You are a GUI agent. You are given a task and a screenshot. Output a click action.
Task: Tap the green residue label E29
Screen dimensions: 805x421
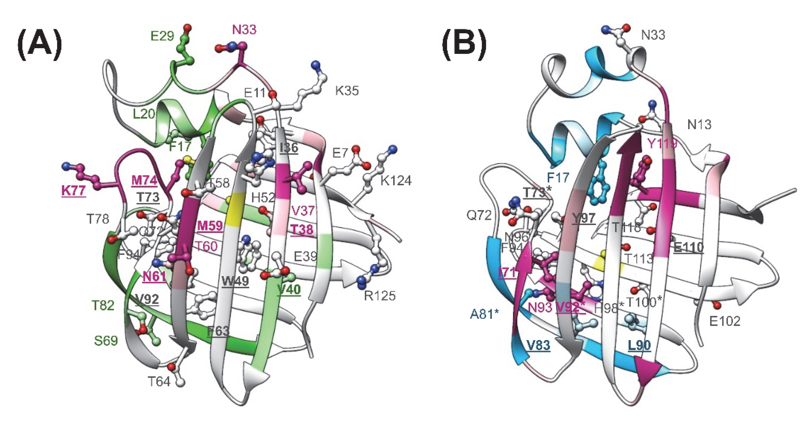162,36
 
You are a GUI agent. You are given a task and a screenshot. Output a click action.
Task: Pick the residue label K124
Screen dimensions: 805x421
396,181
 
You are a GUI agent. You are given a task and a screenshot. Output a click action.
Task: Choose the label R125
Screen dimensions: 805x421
380,295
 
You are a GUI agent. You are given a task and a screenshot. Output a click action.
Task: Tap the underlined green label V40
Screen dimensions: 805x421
289,289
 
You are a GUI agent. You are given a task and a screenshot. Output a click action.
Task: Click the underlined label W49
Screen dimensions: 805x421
235,281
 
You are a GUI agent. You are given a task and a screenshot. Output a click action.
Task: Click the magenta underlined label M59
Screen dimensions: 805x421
210,226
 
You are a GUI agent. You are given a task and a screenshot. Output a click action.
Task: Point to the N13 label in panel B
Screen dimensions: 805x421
699,125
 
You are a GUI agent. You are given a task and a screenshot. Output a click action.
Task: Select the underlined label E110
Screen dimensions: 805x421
689,247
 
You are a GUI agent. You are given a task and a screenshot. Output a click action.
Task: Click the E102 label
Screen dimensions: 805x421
725,321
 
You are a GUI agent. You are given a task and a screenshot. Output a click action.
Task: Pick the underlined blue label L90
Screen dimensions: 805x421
639,345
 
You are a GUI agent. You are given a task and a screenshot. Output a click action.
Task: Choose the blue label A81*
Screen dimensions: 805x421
484,314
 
